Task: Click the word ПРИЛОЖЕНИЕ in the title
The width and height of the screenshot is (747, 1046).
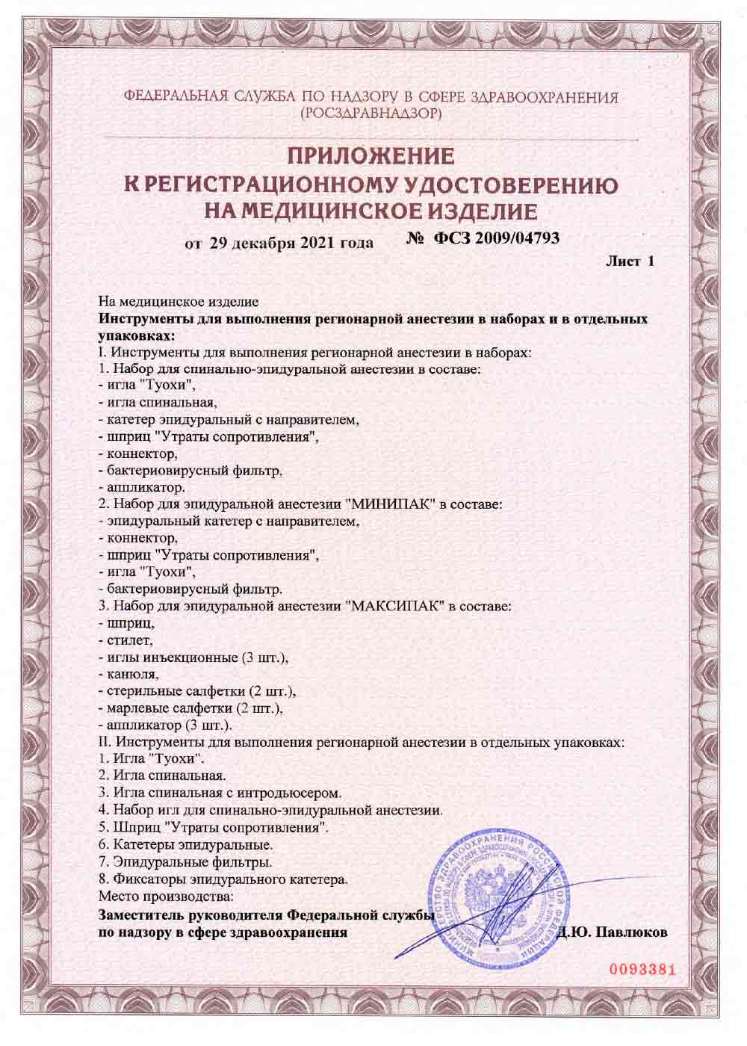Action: coord(371,157)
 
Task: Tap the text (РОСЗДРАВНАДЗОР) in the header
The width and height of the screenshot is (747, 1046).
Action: coord(371,114)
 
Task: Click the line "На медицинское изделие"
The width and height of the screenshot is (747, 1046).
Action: coord(179,302)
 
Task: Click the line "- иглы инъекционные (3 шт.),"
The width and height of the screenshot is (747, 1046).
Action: coord(193,657)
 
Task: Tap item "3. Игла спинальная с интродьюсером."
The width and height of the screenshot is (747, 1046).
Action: coord(221,791)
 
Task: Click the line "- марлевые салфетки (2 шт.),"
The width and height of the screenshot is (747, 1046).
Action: coord(193,707)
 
